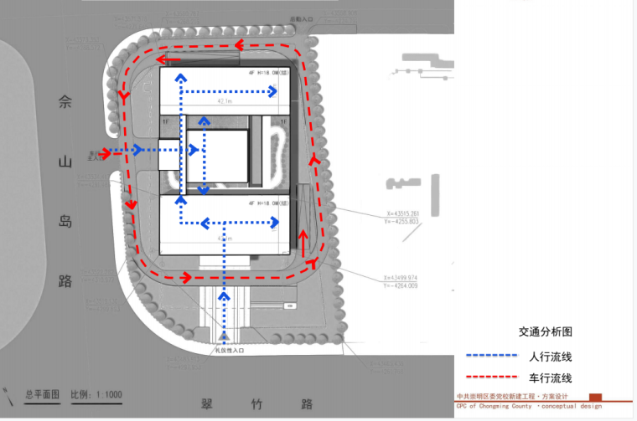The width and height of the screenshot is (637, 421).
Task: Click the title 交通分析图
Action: tap(545, 331)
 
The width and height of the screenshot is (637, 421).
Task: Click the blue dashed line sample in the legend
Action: tap(489, 357)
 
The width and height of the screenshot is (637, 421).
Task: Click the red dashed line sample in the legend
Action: tap(489, 379)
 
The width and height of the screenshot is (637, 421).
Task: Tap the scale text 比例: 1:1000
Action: tap(97, 394)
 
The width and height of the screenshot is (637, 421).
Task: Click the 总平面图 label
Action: tap(42, 394)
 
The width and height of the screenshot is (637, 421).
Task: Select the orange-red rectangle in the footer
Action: tap(596, 397)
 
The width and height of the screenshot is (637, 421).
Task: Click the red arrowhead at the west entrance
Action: tap(106, 152)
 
